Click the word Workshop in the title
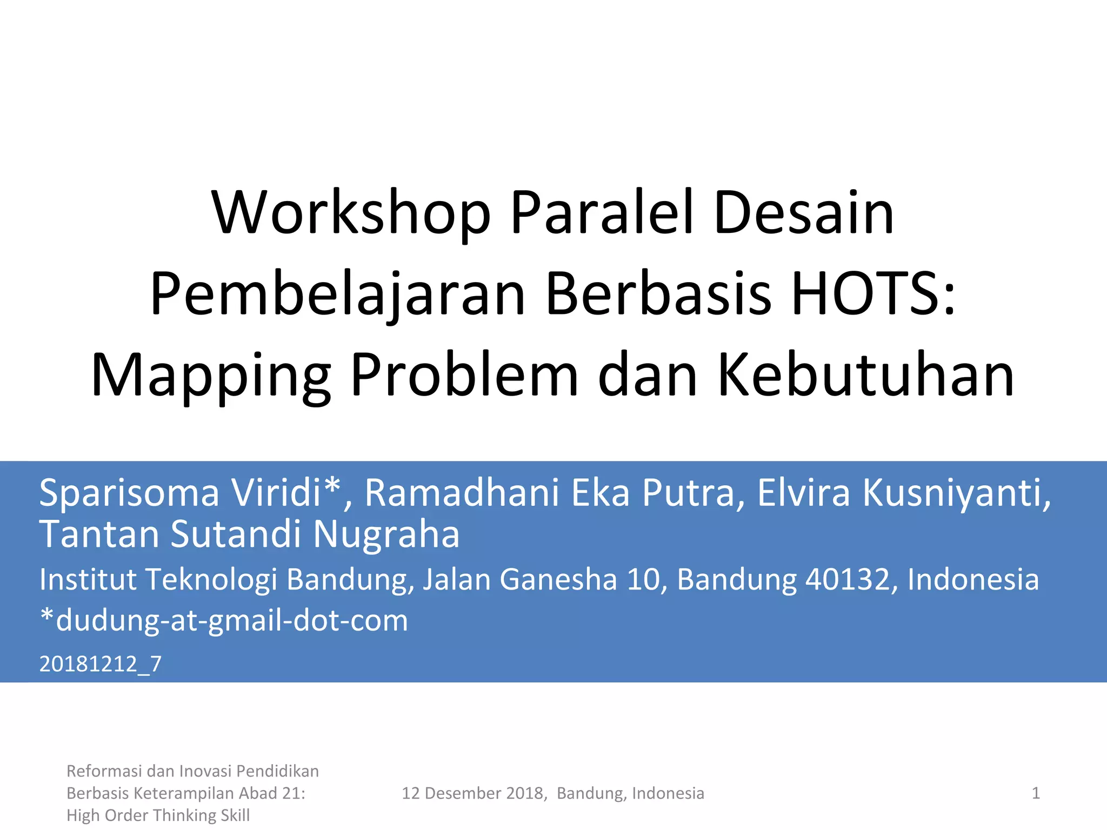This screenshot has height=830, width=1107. tap(351, 213)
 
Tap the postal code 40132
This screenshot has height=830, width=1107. tap(848, 580)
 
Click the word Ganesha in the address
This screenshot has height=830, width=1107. tap(558, 580)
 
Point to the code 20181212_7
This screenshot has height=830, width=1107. tap(101, 664)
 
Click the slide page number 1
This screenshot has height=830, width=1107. tap(1036, 793)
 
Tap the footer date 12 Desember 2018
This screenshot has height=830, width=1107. tap(473, 793)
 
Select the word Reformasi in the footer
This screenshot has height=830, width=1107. tap(104, 771)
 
